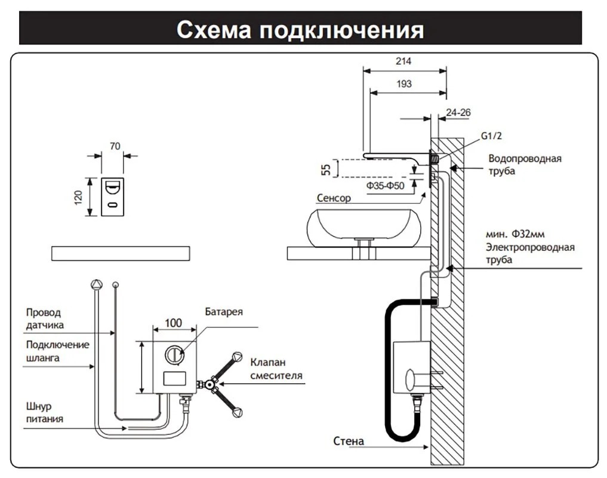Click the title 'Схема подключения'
(x=300, y=29)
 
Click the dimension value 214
(x=404, y=61)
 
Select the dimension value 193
(x=404, y=84)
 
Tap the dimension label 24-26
(x=458, y=111)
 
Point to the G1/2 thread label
(x=492, y=136)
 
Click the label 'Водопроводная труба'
(x=524, y=165)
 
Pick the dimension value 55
(x=326, y=169)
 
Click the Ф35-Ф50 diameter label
(x=386, y=186)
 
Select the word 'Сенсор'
(x=333, y=198)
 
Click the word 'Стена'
(x=349, y=442)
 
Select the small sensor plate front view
(x=113, y=196)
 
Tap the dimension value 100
(x=173, y=323)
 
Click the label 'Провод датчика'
(x=44, y=318)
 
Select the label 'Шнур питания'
(x=44, y=412)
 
